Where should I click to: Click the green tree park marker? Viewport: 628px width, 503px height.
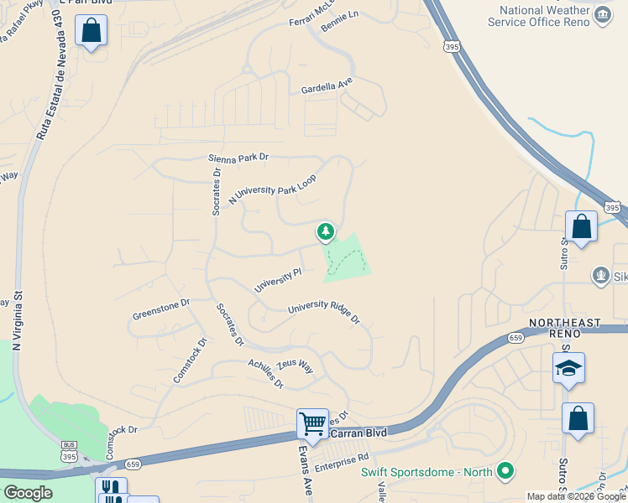point(325,231)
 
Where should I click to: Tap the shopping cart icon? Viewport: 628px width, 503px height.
point(312,423)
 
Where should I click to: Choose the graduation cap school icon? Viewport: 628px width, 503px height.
point(568,368)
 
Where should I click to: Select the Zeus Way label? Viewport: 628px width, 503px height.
point(295,366)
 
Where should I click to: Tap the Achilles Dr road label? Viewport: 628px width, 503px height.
point(266,373)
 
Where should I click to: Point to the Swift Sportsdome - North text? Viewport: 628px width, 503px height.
point(427,472)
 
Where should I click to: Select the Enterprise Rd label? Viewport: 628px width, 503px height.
point(342,458)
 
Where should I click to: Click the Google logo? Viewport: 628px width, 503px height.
point(28,493)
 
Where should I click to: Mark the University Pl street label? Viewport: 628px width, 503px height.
point(277,280)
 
